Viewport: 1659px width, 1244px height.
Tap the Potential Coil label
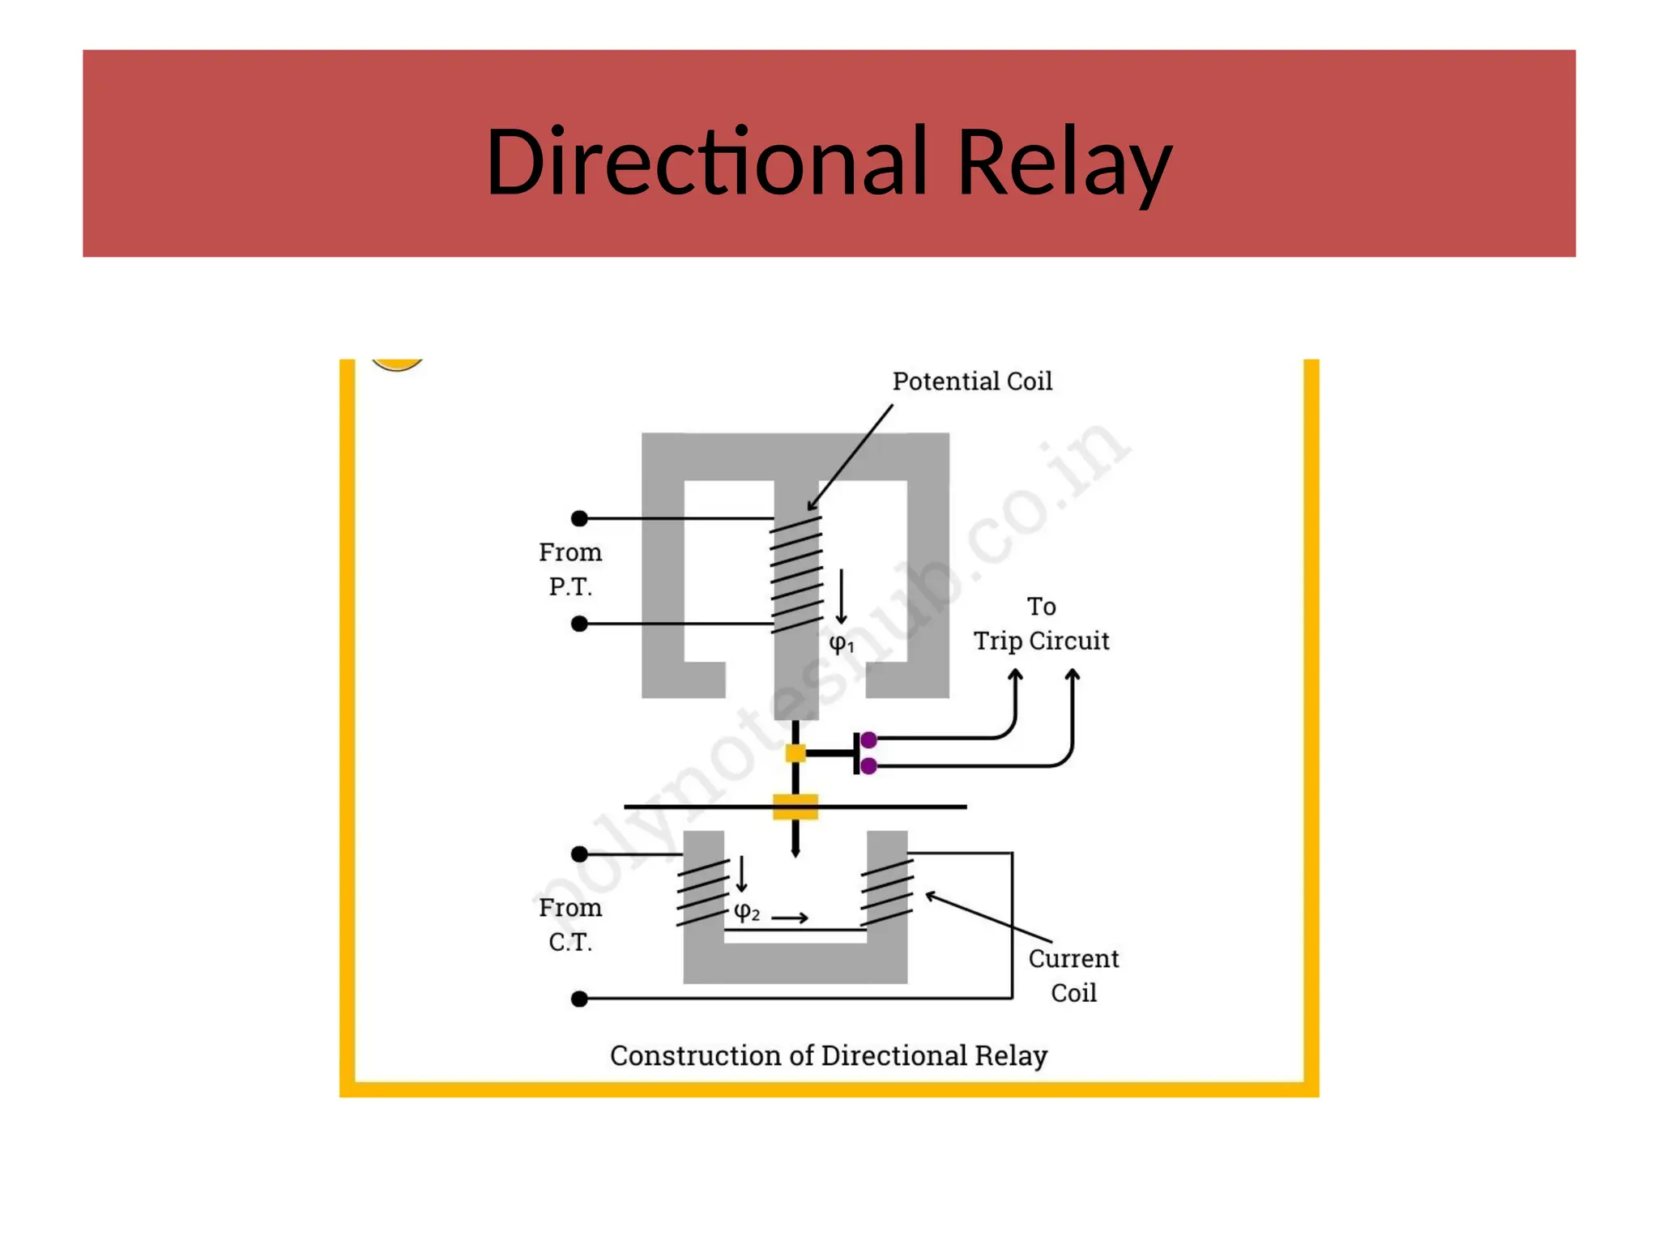pos(972,381)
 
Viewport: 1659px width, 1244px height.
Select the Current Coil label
pos(1073,975)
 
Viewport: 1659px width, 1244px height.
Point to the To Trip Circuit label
pos(1041,624)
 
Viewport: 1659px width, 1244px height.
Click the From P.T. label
pos(570,569)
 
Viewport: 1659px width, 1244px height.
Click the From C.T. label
pos(570,925)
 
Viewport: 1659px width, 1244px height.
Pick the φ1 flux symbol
pos(841,644)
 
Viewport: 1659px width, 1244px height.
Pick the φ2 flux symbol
pos(746,912)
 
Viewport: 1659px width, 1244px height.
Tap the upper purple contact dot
pos(869,739)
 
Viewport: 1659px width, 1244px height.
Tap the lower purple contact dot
pos(869,766)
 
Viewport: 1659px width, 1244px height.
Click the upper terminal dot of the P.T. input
pos(579,518)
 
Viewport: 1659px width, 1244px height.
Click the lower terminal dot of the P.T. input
pos(579,624)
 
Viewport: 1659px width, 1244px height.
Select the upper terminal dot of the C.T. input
pos(579,854)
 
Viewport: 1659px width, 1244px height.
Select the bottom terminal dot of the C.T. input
pos(579,999)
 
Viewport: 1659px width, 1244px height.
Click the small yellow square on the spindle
pos(795,753)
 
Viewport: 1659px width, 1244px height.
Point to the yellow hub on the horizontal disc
pos(795,807)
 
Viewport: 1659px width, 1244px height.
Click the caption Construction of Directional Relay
pos(829,1056)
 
